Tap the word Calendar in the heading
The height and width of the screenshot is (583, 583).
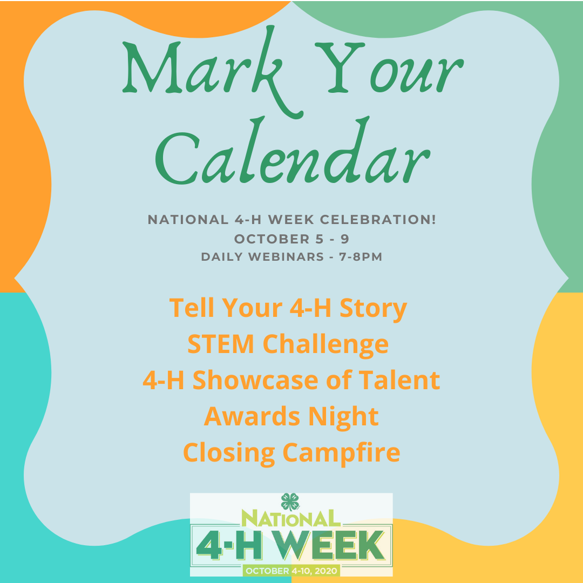[293, 152]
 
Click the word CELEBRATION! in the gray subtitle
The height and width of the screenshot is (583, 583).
[378, 219]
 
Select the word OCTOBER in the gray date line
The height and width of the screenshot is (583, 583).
[272, 239]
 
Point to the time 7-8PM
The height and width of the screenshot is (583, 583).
[361, 257]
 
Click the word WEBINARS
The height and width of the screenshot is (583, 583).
[286, 257]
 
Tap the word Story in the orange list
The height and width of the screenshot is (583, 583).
[374, 309]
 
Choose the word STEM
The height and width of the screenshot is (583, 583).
[221, 344]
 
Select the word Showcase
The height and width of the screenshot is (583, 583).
[255, 381]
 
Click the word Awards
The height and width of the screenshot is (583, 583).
[252, 416]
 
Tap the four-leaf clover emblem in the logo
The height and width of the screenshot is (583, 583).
[290, 501]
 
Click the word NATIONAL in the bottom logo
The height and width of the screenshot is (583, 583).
[291, 518]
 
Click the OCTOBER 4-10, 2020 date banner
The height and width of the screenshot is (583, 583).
[291, 571]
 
